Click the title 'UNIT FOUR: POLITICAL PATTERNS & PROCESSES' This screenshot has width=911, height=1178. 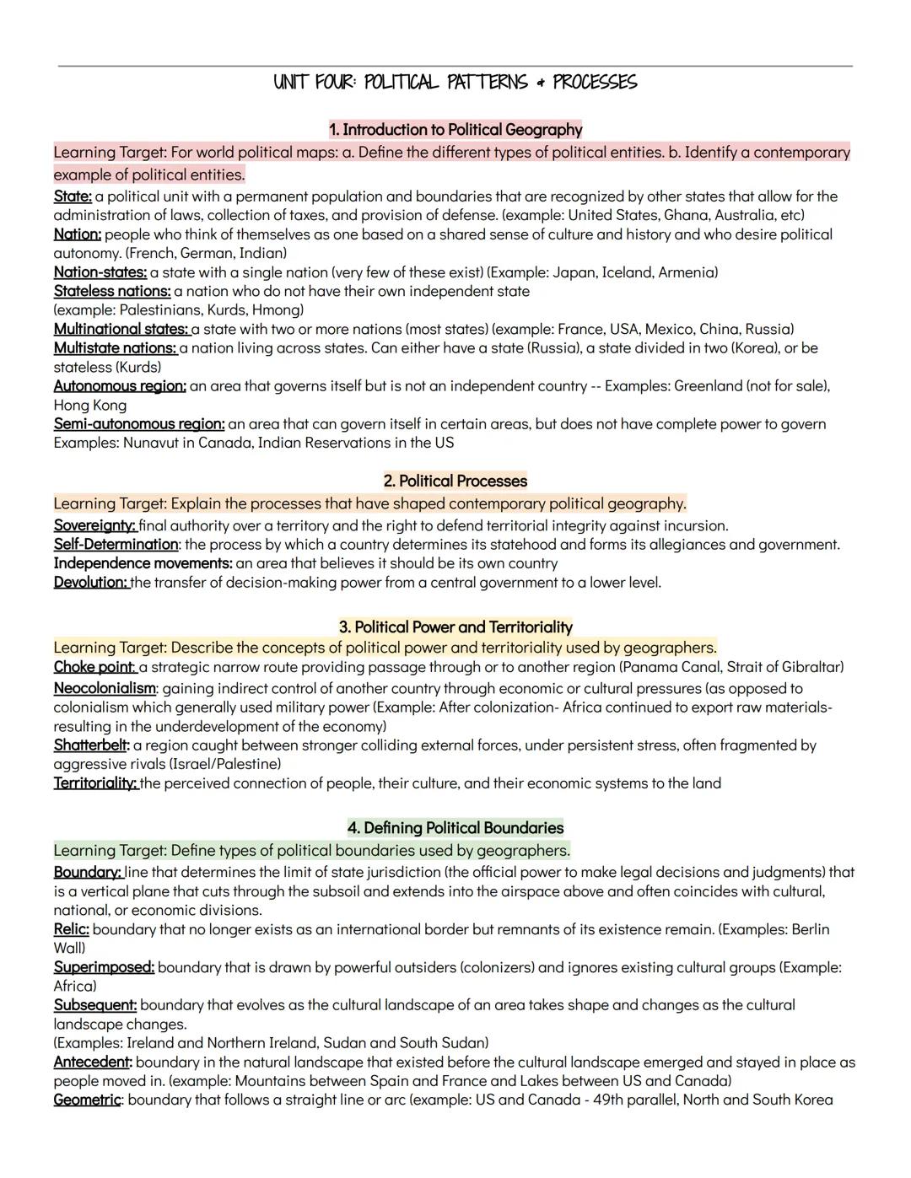click(x=455, y=83)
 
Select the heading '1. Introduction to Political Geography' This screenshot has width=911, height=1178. click(x=455, y=130)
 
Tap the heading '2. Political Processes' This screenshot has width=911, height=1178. click(x=455, y=481)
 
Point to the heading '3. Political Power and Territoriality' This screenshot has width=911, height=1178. click(x=455, y=627)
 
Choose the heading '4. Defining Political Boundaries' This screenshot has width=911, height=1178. click(x=455, y=828)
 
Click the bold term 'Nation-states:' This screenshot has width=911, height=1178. click(x=100, y=272)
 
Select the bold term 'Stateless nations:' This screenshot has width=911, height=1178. click(x=112, y=292)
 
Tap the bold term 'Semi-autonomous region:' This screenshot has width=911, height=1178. click(x=139, y=424)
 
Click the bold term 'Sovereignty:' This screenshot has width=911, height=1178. click(x=94, y=526)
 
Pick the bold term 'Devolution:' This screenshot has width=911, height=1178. click(x=91, y=583)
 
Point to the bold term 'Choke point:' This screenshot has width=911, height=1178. click(x=94, y=668)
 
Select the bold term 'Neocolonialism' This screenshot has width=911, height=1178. click(x=105, y=689)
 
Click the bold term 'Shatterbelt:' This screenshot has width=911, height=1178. click(x=92, y=745)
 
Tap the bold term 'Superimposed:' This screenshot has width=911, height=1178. click(x=104, y=967)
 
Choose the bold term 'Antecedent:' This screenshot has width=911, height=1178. click(x=93, y=1062)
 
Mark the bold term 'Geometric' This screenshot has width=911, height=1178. click(x=88, y=1100)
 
